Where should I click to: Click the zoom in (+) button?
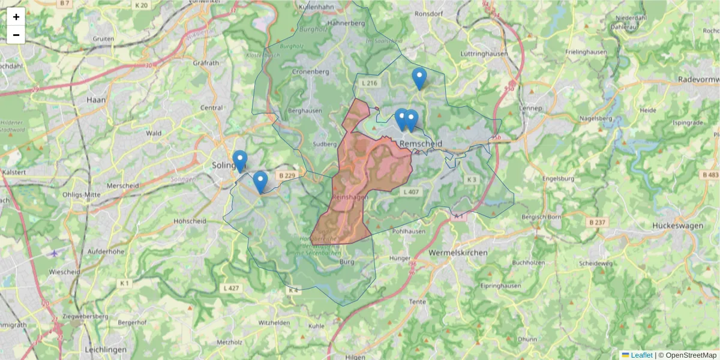tap(16, 17)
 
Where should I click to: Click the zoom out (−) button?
tap(16, 35)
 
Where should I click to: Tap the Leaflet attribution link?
tap(641, 355)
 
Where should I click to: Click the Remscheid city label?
tap(421, 145)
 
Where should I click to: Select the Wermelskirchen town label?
tap(458, 253)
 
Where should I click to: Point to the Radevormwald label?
tap(698, 80)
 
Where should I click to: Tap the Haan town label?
tap(96, 100)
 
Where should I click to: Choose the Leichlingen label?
tap(106, 350)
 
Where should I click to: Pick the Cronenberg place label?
tap(311, 71)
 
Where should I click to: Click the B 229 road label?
tap(287, 175)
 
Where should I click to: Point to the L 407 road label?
tap(412, 192)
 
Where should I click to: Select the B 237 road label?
tap(599, 222)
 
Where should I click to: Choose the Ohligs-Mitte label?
tap(81, 194)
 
